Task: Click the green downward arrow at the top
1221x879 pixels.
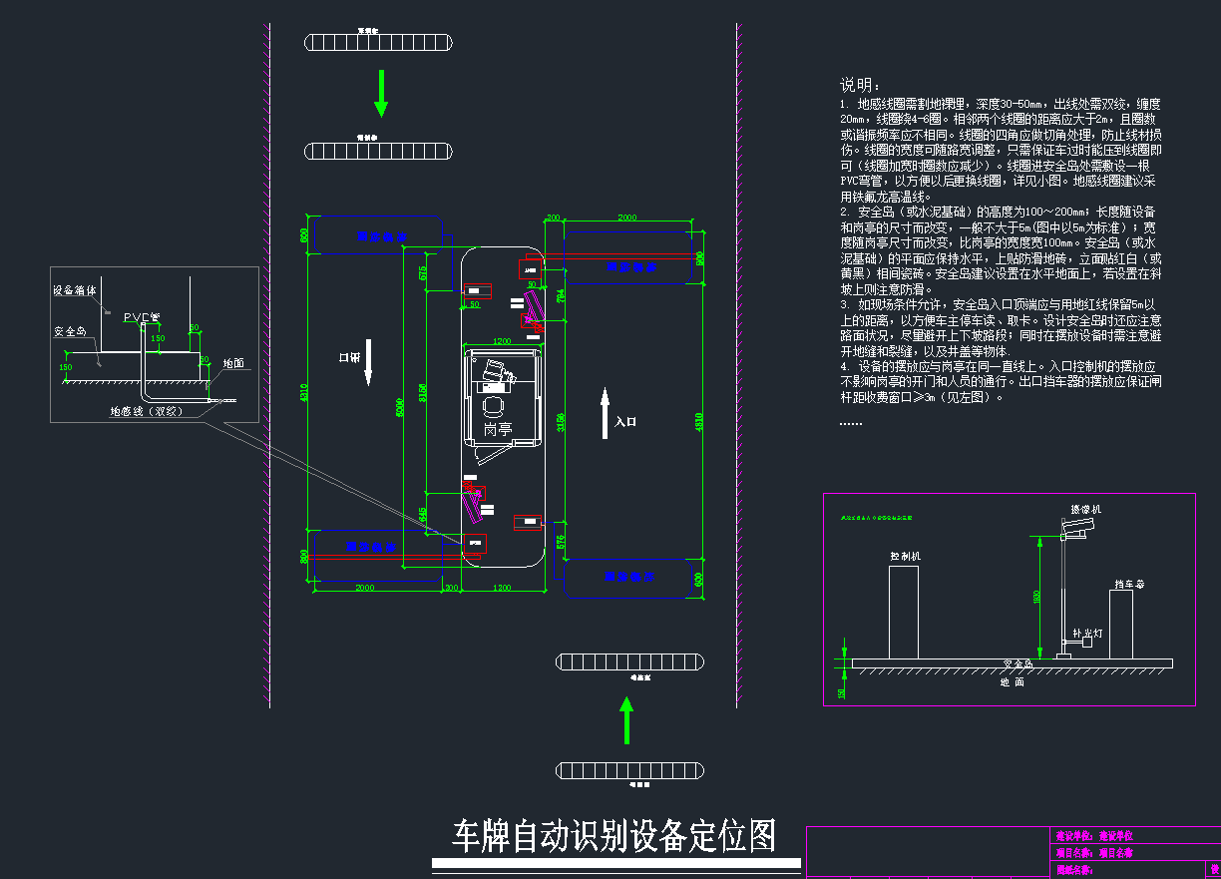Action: click(380, 94)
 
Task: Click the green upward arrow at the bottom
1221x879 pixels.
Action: click(626, 719)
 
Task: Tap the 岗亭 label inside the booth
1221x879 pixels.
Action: click(498, 429)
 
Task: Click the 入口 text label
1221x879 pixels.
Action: click(625, 422)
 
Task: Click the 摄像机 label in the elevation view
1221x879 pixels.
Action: click(1085, 510)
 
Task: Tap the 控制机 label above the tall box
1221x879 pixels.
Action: click(905, 555)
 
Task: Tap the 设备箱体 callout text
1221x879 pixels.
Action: click(75, 291)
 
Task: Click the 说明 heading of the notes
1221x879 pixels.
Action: click(859, 85)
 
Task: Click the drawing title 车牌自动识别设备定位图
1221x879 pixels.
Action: click(614, 836)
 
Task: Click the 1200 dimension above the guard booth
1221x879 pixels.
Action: click(502, 341)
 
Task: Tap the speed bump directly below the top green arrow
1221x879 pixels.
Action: click(380, 151)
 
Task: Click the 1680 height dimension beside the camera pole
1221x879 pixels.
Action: click(1036, 597)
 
